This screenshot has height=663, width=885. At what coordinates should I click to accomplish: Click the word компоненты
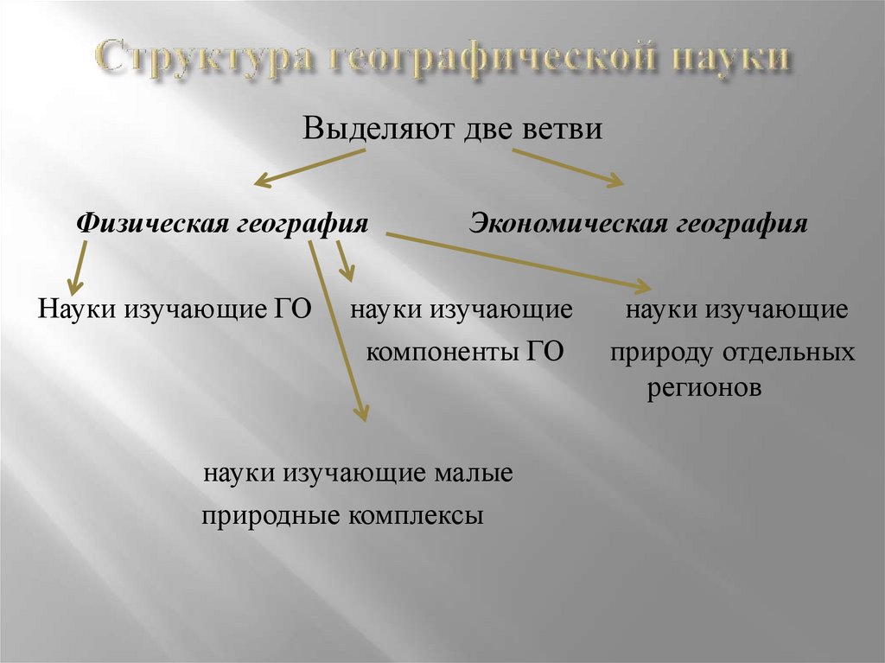pyautogui.click(x=437, y=353)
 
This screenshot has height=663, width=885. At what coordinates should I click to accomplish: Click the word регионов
pyautogui.click(x=704, y=388)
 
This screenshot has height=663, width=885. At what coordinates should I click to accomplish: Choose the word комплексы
pyautogui.click(x=417, y=516)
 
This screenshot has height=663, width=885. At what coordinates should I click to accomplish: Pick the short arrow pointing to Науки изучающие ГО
pyautogui.click(x=79, y=269)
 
